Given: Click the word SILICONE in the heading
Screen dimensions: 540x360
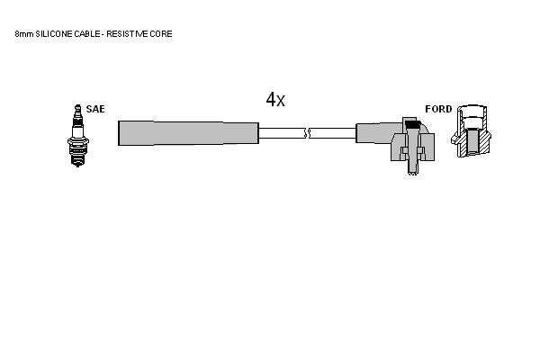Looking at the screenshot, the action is tap(54, 34).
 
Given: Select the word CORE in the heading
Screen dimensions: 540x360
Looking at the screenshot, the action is tap(161, 34).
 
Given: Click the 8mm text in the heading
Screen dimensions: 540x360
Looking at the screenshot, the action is tap(24, 34).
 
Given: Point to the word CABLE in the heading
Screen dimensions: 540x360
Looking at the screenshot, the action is tap(86, 34).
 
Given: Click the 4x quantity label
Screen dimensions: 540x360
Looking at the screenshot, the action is tap(275, 100).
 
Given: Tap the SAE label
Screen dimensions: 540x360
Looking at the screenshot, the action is tap(95, 109).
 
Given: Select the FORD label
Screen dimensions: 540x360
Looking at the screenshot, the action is tap(438, 109).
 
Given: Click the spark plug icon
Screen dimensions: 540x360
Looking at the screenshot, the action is tap(78, 136).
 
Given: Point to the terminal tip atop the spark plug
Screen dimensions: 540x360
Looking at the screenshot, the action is tap(77, 108).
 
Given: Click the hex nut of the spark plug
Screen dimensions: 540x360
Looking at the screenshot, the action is tap(78, 141).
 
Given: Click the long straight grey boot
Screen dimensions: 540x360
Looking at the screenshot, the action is tap(188, 133).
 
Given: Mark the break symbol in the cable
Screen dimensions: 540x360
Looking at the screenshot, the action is tap(307, 133).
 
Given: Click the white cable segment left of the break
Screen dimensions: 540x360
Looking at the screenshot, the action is tap(282, 133).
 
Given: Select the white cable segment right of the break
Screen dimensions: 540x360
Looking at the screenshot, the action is tap(333, 133).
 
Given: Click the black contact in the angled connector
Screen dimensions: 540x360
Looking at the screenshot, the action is tap(411, 123).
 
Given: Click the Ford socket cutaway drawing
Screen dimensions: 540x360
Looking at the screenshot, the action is tap(471, 130).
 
